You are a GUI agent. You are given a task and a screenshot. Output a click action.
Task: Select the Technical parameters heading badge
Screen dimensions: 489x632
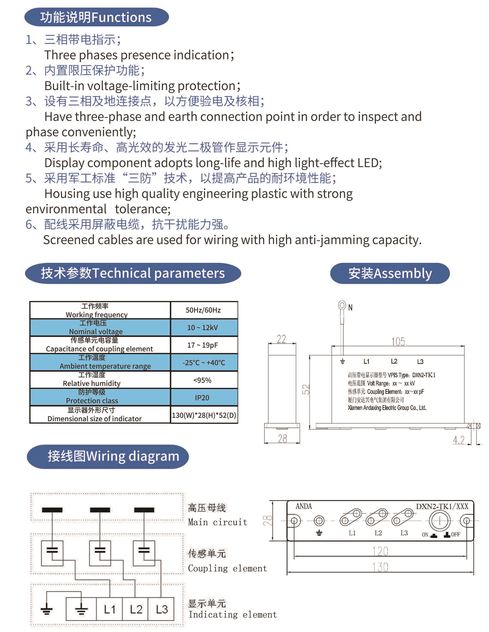tap(133, 273)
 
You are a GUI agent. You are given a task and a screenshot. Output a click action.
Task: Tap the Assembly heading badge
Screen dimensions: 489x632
tap(390, 273)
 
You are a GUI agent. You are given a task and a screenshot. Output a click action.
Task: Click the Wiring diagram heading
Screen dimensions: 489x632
tap(108, 456)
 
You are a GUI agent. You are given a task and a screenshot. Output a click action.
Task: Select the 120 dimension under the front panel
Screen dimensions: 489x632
tap(380, 551)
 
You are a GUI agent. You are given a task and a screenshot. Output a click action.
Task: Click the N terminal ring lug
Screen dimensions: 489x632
tap(342, 305)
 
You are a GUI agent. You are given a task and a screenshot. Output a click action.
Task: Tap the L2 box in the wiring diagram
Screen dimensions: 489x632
tap(136, 609)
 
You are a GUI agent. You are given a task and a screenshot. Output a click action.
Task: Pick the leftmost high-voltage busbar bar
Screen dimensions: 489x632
tap(52, 510)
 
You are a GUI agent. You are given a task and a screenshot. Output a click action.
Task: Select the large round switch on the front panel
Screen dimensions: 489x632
tap(440, 521)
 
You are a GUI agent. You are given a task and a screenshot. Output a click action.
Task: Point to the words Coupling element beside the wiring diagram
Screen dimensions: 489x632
tap(227, 569)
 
